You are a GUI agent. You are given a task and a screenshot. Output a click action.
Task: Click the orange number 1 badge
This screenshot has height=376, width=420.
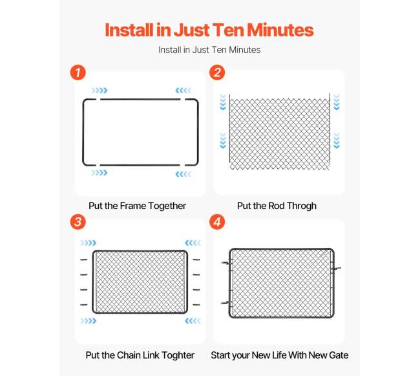(x=78, y=72)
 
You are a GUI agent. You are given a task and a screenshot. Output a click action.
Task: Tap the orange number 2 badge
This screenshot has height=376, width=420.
(x=217, y=72)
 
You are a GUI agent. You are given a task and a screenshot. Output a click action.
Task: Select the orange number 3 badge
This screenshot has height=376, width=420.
(x=78, y=222)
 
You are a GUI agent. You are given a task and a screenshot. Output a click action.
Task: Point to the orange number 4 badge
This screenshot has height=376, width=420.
(x=217, y=222)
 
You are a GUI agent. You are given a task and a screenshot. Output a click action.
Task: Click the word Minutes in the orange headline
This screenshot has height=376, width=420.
(x=280, y=30)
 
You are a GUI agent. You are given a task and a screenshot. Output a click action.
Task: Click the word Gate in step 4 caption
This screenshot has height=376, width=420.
(x=339, y=355)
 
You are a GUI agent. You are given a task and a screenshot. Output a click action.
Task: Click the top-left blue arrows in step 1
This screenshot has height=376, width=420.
(x=100, y=91)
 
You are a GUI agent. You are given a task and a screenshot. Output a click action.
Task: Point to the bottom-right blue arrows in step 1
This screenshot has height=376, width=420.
(x=184, y=174)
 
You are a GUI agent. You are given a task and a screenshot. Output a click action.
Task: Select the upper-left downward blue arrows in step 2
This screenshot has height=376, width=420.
(x=223, y=102)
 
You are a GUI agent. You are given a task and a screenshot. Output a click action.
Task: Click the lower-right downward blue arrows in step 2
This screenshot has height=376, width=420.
(x=337, y=140)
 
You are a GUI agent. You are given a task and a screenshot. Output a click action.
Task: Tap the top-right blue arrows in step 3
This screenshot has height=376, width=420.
(x=193, y=243)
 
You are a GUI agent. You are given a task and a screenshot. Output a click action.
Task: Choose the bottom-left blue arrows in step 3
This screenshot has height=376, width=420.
(x=88, y=321)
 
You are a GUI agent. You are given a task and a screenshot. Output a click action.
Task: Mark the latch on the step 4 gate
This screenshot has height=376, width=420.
(x=336, y=268)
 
